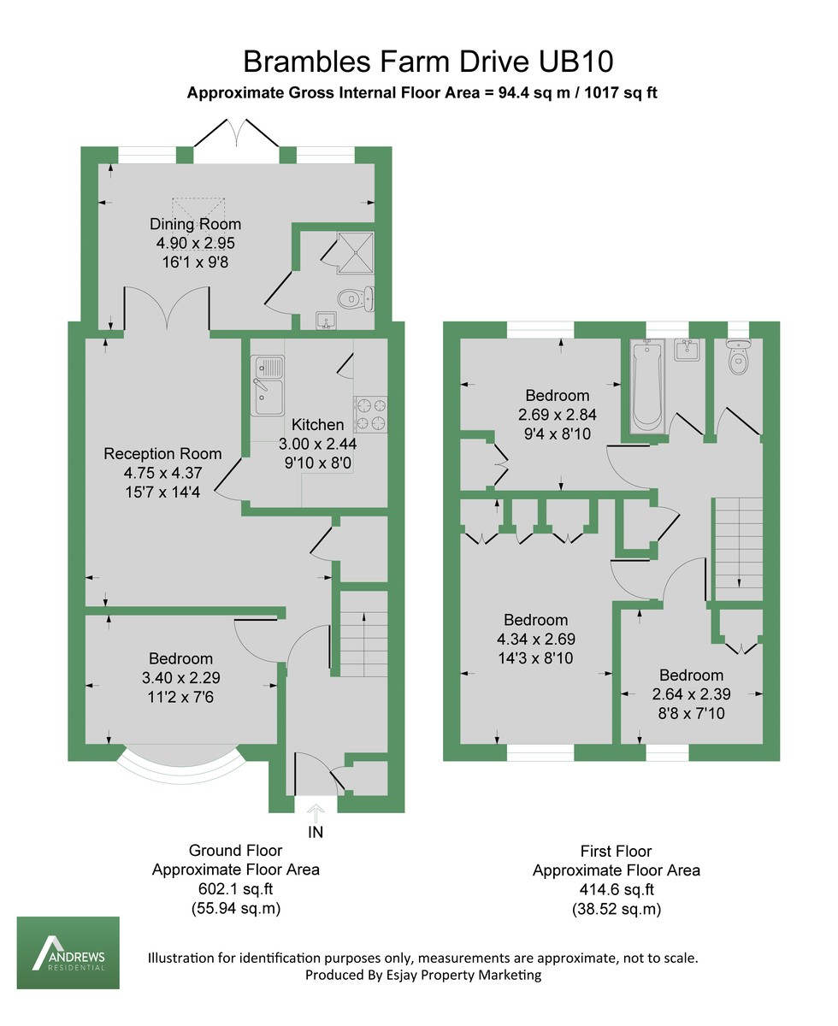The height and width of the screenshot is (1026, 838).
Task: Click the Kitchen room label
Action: coord(318,425)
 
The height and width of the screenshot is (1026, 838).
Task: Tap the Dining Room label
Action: coord(196,225)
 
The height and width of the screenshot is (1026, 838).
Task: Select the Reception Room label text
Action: coord(162,454)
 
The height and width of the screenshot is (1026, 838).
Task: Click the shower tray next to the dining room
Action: coord(353,252)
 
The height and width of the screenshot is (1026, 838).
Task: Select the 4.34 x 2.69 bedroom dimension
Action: coord(536,639)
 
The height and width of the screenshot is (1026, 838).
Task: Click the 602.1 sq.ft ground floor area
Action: coord(236,889)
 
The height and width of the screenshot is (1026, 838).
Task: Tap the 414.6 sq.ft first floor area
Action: coord(617,890)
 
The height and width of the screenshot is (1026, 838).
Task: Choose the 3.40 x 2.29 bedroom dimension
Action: coord(181,677)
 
